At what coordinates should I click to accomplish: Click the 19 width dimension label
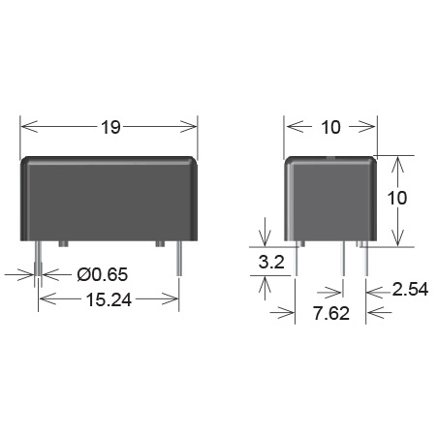point(110,127)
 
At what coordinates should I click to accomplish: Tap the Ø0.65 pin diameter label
point(103,274)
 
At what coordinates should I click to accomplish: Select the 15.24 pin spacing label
point(109,300)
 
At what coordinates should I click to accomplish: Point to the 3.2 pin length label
point(271,262)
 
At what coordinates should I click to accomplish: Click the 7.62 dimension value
point(331,313)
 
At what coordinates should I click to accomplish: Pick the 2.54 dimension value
point(410,289)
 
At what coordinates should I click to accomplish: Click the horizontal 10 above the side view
point(330,127)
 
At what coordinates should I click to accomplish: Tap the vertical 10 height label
point(397,198)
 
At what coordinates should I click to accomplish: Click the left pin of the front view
point(38,259)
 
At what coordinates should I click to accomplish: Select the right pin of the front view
point(179,259)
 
